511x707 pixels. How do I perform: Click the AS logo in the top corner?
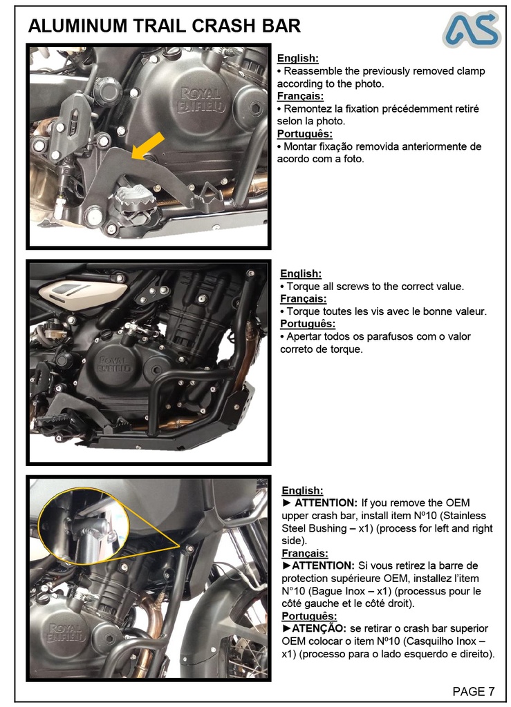point(472,30)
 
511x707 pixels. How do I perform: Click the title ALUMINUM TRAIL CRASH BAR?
point(165,26)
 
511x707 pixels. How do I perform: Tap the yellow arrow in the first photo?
point(148,146)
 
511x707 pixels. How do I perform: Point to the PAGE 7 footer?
point(474,691)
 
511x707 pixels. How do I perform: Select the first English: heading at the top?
point(297,59)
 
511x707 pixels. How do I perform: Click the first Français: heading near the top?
point(300,96)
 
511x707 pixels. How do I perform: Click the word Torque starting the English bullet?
point(303,286)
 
